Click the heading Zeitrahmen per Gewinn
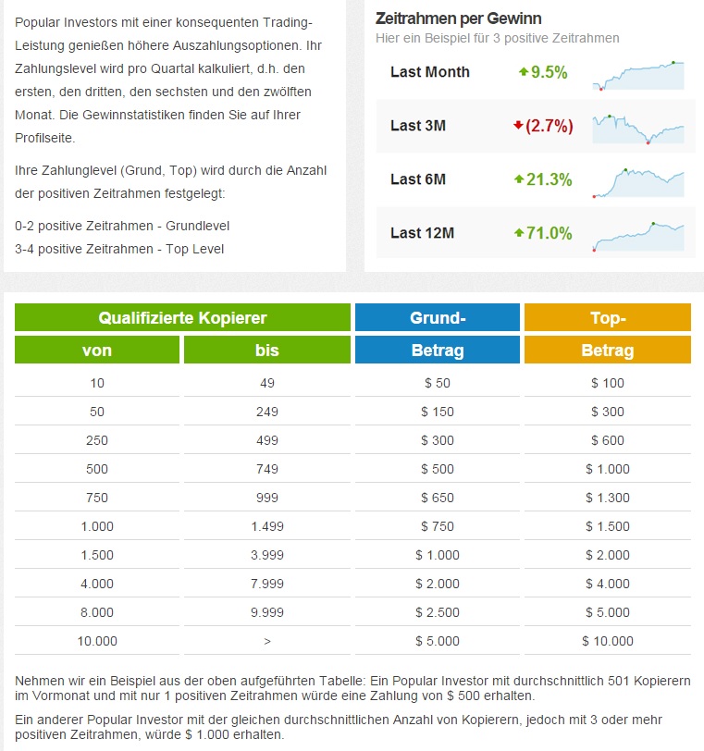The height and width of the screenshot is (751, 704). coord(459,18)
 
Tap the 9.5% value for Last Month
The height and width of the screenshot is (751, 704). coord(547,72)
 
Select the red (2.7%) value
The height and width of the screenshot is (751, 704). coord(549,126)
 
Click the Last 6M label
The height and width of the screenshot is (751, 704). coord(418,179)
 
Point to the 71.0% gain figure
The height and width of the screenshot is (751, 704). coord(549,233)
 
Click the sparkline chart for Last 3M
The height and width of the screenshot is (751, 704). coord(638,128)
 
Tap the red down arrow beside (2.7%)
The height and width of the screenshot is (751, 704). coord(518,125)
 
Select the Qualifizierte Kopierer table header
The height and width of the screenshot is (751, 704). coord(182,318)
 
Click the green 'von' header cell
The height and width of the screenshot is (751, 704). coord(97,351)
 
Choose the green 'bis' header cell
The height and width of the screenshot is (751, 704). coord(266,351)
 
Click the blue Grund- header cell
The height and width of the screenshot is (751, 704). coord(438,318)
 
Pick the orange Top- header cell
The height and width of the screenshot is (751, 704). coord(608,318)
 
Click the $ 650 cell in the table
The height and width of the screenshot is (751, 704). coord(438,498)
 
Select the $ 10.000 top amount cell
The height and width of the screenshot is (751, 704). coord(608,641)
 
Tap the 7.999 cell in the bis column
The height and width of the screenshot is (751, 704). coord(266,584)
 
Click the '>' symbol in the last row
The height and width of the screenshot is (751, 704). coord(266,641)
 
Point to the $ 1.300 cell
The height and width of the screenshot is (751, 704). coord(608,498)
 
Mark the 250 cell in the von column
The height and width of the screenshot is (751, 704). coord(97,440)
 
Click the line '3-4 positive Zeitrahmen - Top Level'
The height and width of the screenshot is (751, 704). coord(119,249)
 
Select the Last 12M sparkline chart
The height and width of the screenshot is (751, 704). coord(638,235)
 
